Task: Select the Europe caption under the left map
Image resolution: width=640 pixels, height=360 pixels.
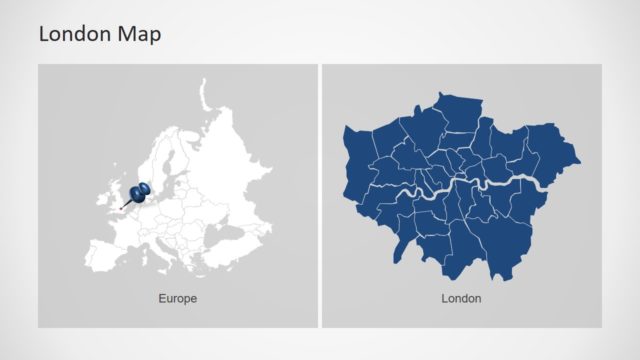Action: pyautogui.click(x=177, y=298)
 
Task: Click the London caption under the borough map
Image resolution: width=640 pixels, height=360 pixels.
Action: pyautogui.click(x=461, y=298)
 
